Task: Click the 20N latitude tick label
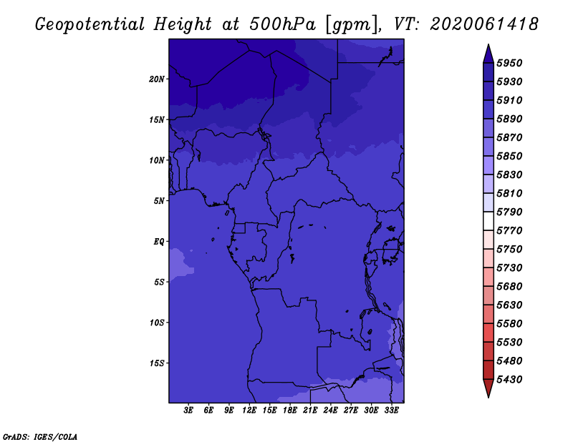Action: [x=157, y=79]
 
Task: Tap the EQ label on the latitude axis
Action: [x=159, y=242]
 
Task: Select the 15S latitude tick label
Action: [x=157, y=363]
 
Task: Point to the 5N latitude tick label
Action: [x=159, y=201]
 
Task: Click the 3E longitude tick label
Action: [x=188, y=411]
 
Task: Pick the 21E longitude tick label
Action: [x=310, y=411]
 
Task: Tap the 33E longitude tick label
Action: [x=391, y=411]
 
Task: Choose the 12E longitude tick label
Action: [x=249, y=411]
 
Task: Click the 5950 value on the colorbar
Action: [x=509, y=63]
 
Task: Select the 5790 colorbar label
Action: [x=509, y=212]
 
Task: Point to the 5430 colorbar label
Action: [x=509, y=380]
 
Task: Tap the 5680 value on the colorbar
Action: [x=509, y=287]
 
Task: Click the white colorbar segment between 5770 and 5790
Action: [x=488, y=221]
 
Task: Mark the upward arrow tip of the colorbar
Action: [x=488, y=44]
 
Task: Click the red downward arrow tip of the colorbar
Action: [x=488, y=398]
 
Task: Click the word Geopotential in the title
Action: [x=90, y=25]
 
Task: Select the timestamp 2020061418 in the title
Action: [x=484, y=24]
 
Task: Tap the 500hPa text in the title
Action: [x=282, y=24]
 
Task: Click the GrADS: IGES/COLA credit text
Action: [x=40, y=437]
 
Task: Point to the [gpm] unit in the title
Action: [x=352, y=25]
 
